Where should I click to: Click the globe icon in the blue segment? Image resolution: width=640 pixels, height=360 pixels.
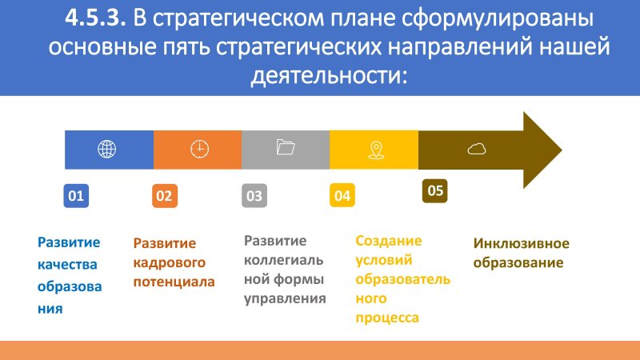[107, 149]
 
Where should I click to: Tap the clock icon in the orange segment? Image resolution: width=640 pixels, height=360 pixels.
[199, 149]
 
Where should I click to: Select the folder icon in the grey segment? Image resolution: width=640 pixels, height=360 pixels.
[286, 147]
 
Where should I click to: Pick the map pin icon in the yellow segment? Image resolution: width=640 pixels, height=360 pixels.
[376, 150]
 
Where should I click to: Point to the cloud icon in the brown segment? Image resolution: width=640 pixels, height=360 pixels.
[477, 149]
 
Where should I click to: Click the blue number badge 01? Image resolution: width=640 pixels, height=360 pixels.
[76, 196]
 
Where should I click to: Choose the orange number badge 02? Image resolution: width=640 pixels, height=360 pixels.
[165, 196]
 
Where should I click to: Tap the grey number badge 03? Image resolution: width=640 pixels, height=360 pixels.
[254, 196]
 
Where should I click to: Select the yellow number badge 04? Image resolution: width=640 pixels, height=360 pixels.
[342, 196]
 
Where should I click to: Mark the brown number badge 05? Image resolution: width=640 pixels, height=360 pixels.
[435, 190]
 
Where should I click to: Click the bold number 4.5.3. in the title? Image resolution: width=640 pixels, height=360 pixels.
[95, 18]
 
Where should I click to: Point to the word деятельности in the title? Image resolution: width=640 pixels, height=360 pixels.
[330, 76]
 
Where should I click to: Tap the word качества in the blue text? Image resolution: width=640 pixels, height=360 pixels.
[67, 265]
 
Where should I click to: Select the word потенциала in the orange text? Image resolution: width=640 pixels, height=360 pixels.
[174, 282]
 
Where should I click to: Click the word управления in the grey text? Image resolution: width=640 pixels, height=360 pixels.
[285, 298]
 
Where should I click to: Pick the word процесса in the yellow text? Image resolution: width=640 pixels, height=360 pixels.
[387, 318]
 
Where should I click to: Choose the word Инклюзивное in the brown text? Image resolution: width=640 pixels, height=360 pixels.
[522, 243]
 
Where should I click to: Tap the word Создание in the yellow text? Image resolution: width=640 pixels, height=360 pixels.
[389, 241]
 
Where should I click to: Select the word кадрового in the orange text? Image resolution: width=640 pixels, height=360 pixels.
[170, 262]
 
